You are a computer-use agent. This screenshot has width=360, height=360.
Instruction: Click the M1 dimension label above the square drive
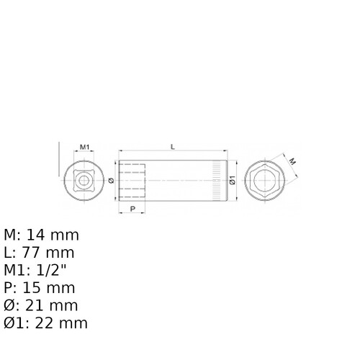(x=84, y=147)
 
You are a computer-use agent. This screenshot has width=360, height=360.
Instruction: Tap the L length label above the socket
(x=173, y=147)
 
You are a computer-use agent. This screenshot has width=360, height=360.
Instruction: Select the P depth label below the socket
(x=132, y=209)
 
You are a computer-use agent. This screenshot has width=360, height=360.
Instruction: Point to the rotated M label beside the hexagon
(x=292, y=162)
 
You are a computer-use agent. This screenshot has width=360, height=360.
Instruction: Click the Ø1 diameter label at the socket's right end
(x=233, y=180)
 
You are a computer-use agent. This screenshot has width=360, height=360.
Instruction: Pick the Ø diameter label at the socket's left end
(x=111, y=181)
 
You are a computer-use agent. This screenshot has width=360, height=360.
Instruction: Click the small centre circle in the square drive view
(x=84, y=181)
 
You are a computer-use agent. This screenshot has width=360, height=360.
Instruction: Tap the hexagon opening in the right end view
(x=265, y=180)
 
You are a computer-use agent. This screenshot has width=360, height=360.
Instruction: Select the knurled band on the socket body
(x=217, y=180)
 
